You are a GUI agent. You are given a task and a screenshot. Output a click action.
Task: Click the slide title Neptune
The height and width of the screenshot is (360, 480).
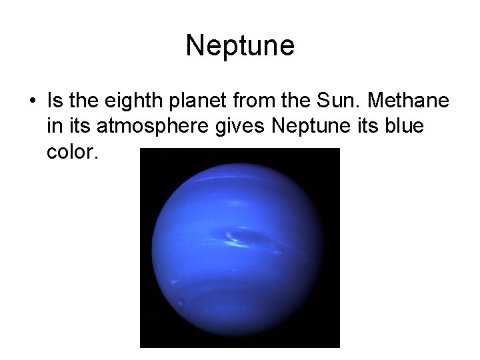click(x=240, y=46)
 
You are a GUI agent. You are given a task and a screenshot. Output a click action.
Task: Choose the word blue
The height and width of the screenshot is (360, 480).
click(x=405, y=126)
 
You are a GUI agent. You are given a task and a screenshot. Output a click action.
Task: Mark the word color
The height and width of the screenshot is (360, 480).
click(x=73, y=152)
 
